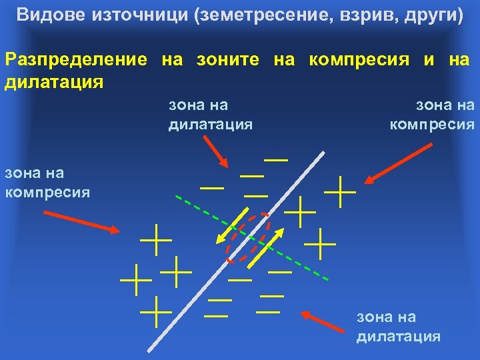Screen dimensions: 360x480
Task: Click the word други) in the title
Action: pyautogui.click(x=433, y=15)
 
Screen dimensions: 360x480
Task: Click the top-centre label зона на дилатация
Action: pyautogui.click(x=210, y=114)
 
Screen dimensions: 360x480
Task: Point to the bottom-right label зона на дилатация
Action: pyautogui.click(x=398, y=326)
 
